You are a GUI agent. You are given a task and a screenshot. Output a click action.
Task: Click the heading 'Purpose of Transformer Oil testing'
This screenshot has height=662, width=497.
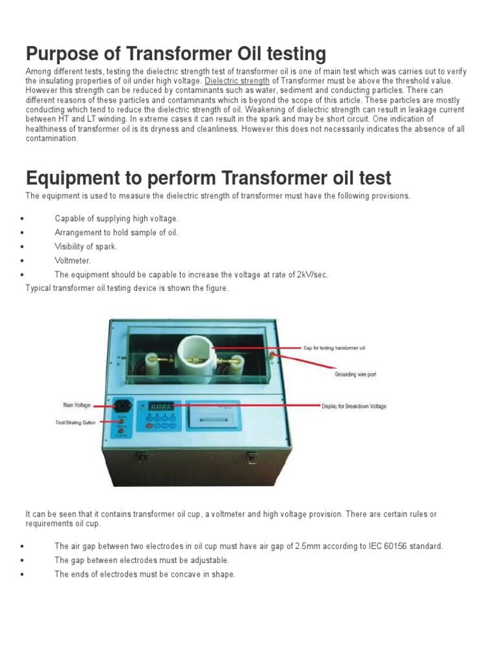pos(175,54)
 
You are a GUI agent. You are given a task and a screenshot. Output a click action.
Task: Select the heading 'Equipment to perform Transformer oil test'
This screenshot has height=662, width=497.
pos(208,178)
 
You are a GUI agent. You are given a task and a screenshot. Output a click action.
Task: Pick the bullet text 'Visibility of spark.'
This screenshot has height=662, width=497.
pos(86,246)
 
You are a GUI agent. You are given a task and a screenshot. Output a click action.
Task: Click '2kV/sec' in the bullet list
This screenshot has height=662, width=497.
pos(313,275)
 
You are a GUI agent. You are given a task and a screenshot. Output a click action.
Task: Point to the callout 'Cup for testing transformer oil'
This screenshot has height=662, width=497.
pos(335,348)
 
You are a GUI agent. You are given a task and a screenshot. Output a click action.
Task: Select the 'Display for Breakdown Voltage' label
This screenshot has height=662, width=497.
pos(354,407)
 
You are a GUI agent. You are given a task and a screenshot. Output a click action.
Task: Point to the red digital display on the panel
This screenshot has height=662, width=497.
pos(162,407)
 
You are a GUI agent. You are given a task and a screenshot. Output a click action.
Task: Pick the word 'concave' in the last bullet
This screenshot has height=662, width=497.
pos(181,574)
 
